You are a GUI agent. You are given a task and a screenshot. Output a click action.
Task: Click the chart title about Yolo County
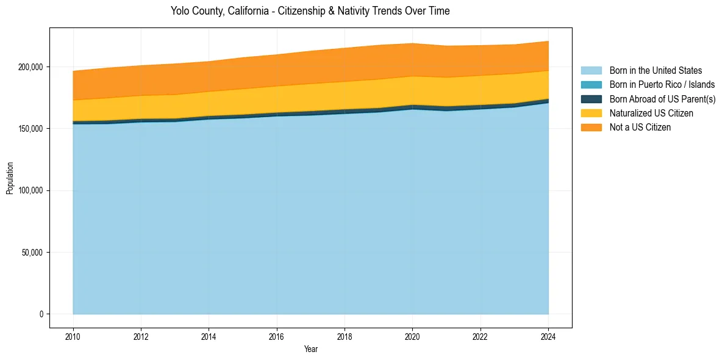coord(310,11)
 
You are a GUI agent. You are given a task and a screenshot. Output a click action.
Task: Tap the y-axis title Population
coord(10,178)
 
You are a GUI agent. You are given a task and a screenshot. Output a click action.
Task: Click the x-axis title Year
coord(310,349)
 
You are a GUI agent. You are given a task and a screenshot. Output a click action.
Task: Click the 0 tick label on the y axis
coord(42,314)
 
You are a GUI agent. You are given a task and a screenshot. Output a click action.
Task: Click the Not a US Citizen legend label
coord(640,128)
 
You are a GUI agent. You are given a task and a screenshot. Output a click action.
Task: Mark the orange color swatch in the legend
coord(591,128)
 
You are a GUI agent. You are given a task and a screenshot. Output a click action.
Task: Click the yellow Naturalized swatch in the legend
coord(591,113)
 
